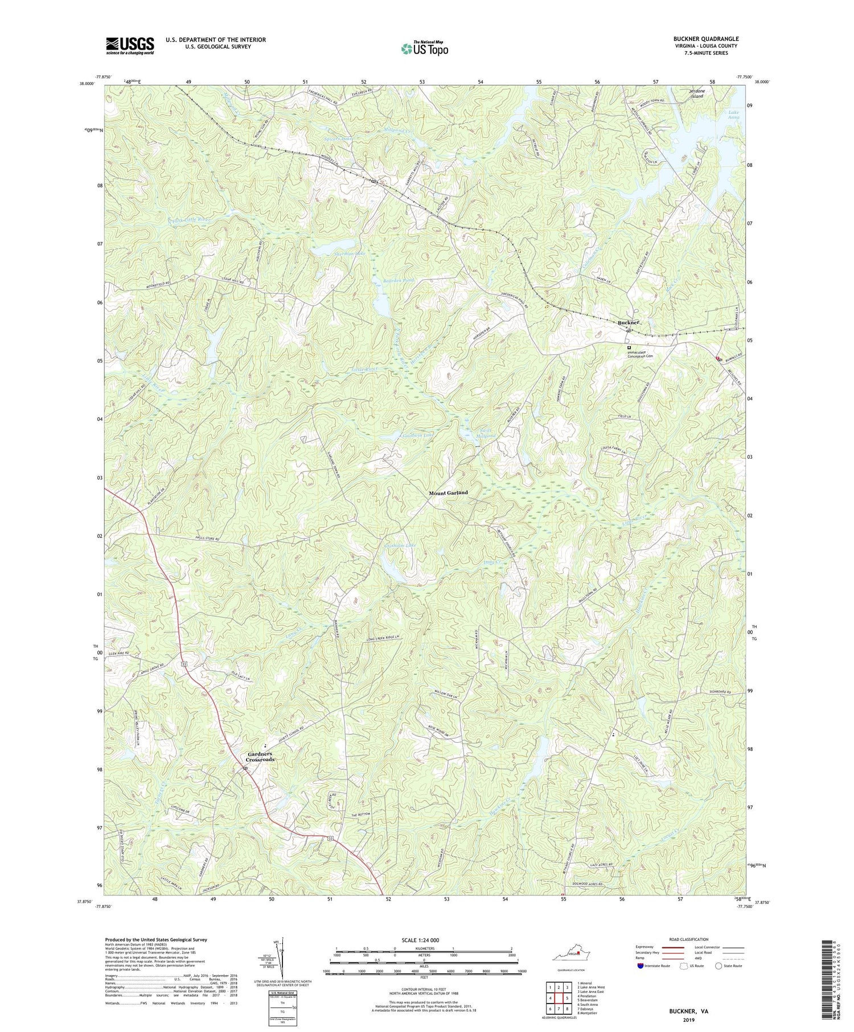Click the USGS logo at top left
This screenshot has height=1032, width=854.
130,46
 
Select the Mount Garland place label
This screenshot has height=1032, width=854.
448,492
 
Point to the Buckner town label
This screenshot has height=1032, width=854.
629,323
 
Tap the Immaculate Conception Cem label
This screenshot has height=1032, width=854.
648,355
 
